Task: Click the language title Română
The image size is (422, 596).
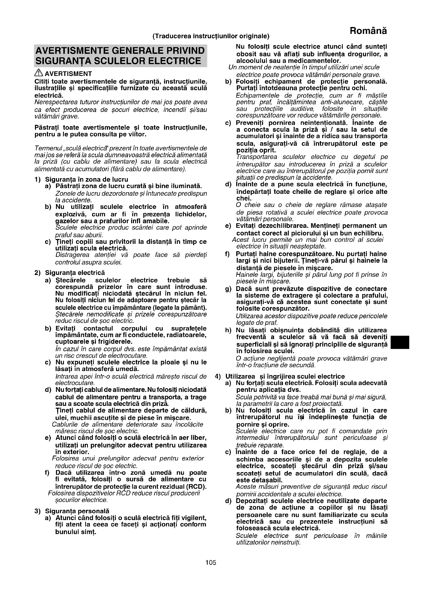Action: [x=368, y=31]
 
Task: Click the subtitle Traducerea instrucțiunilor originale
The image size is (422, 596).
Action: [x=211, y=36]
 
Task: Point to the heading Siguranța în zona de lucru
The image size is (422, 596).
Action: [x=86, y=179]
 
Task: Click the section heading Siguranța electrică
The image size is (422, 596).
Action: [x=75, y=273]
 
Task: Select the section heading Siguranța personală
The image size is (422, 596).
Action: [x=77, y=511]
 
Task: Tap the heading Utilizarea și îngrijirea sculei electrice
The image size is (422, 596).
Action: [x=285, y=376]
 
